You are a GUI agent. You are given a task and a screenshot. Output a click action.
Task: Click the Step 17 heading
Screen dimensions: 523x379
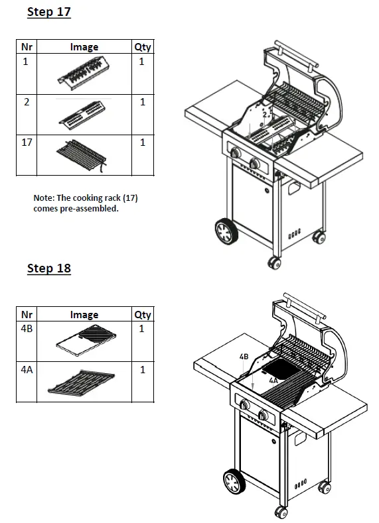[48, 12]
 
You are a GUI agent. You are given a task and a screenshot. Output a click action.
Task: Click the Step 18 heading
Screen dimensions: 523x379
[48, 268]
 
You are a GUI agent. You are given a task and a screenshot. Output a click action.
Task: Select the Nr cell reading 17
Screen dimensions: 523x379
[27, 143]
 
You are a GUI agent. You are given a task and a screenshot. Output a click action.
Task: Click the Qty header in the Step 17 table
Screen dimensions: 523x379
[142, 47]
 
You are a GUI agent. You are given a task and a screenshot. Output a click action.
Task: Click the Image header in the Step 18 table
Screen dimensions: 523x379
[84, 314]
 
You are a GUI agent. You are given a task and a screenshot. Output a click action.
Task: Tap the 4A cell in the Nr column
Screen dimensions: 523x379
[27, 370]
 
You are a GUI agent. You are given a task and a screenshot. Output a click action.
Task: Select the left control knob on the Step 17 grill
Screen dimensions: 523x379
[236, 154]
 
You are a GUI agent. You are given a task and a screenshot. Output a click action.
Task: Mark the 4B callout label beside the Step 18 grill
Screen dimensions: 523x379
[244, 357]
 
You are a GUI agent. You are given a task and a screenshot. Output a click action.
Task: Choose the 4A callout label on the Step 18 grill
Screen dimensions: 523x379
[273, 382]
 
